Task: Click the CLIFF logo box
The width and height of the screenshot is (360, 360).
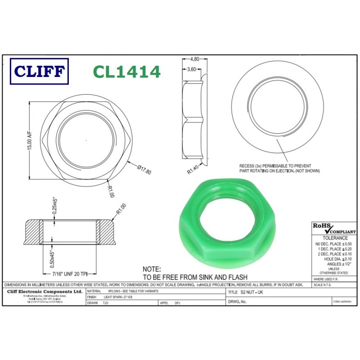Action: click(39, 72)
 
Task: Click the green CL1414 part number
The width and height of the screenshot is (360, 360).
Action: click(126, 72)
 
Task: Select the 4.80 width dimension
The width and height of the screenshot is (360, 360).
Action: click(194, 59)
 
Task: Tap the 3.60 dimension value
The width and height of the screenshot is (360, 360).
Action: click(192, 69)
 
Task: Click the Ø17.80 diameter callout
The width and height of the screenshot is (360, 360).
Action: click(144, 171)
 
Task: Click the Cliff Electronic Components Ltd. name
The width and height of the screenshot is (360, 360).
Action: click(44, 292)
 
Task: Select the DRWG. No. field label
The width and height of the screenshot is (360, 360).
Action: click(238, 301)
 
